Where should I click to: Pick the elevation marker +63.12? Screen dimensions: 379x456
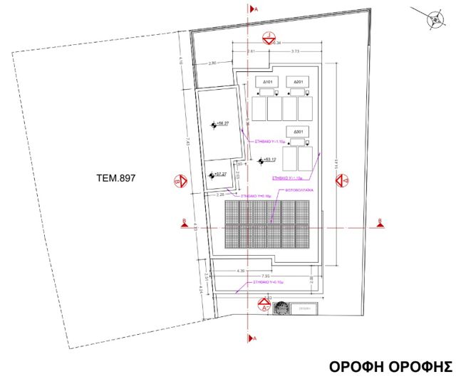(269, 160)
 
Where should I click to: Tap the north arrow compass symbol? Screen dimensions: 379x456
(433, 20)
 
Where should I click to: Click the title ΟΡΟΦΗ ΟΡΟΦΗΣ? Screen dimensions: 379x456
(390, 366)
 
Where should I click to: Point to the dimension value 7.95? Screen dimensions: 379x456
(265, 276)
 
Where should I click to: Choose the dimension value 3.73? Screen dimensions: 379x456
(294, 51)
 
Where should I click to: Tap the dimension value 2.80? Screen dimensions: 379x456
(212, 64)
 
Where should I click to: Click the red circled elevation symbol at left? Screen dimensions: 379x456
(180, 182)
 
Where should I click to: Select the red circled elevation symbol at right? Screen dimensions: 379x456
(343, 182)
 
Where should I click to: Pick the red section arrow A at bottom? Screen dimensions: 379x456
(249, 338)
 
